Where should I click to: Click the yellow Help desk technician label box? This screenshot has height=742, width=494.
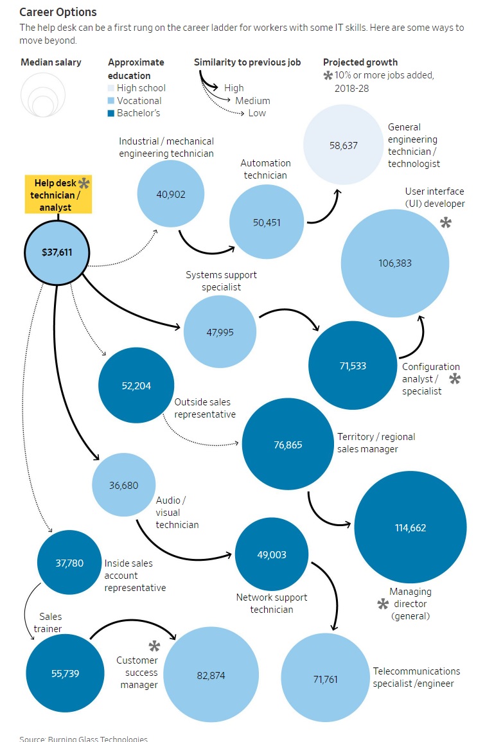click(x=58, y=195)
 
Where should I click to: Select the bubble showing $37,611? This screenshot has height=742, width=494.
click(x=57, y=252)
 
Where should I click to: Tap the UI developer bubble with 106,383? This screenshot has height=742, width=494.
click(x=395, y=263)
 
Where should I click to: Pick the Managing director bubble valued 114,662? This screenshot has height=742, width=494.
click(x=410, y=527)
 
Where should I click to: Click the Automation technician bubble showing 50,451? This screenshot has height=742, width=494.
click(x=267, y=222)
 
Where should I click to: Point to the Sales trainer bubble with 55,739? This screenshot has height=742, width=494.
click(x=66, y=673)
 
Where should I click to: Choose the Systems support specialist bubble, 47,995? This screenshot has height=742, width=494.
click(x=220, y=331)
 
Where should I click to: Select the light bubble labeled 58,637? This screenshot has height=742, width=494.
click(x=343, y=145)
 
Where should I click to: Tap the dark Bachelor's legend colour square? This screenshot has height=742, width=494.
click(x=111, y=113)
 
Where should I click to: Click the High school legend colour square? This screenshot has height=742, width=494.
click(x=111, y=88)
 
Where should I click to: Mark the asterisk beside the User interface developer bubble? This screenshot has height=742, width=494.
click(x=446, y=222)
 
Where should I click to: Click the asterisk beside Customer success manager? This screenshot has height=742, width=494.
click(x=155, y=646)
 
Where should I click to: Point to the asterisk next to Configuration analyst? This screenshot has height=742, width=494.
click(x=455, y=378)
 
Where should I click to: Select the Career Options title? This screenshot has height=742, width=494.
click(x=58, y=12)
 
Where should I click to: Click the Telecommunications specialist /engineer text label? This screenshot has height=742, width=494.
click(x=416, y=677)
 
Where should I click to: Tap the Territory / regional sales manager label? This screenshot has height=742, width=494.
click(x=376, y=443)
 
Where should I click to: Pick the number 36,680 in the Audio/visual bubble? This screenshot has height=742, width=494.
click(x=123, y=486)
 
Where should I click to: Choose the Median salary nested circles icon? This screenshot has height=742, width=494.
click(x=43, y=95)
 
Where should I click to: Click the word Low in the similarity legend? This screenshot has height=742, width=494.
click(x=257, y=113)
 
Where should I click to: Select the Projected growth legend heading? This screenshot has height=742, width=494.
click(x=360, y=62)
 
